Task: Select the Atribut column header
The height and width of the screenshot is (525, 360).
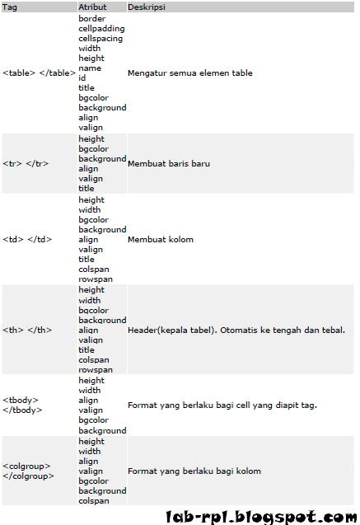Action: (x=92, y=6)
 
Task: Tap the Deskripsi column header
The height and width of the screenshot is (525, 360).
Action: (x=147, y=6)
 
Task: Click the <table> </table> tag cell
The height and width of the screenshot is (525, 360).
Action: (x=38, y=73)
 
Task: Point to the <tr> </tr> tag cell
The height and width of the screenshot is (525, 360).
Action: (x=26, y=163)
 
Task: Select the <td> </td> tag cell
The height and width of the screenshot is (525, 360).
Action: (x=28, y=240)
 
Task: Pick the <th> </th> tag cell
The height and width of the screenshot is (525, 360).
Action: (x=28, y=330)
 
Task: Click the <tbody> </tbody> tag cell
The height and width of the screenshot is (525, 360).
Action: (x=22, y=404)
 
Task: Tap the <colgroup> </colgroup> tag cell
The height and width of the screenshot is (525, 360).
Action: (x=29, y=471)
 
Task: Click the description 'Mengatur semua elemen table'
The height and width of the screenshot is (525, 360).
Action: (x=190, y=73)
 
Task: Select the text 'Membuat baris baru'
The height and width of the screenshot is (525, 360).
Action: (x=169, y=163)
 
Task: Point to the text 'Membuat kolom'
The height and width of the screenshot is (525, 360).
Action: (x=161, y=240)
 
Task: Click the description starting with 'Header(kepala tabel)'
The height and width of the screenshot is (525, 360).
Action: (x=236, y=330)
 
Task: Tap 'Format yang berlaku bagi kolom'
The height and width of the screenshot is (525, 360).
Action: (x=194, y=471)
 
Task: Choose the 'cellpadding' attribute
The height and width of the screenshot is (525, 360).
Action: (x=102, y=28)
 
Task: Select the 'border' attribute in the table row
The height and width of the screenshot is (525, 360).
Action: (x=92, y=18)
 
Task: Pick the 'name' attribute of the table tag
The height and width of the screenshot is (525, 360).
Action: (x=90, y=68)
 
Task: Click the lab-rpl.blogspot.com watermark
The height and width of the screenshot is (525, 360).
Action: (x=260, y=517)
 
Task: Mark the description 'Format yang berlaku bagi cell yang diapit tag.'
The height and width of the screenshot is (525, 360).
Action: (x=222, y=405)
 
